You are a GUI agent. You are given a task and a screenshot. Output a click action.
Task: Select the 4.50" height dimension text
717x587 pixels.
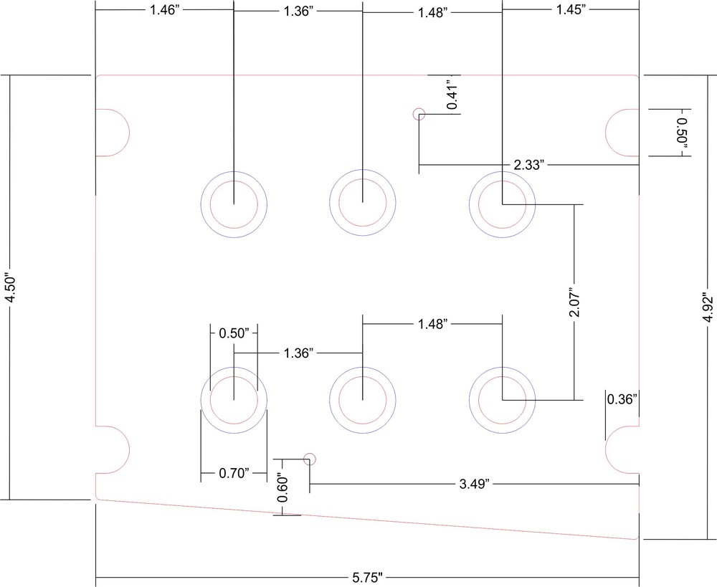point(9,287)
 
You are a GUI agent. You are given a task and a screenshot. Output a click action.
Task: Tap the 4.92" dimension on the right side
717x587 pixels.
point(708,308)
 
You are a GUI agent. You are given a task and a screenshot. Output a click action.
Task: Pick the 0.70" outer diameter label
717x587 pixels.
point(234,472)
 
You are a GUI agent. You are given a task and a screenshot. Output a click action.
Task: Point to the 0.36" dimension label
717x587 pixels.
point(622,400)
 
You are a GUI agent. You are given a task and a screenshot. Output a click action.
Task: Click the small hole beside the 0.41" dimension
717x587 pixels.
point(419,113)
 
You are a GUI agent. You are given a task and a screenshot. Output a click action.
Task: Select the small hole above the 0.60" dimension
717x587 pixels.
point(310,459)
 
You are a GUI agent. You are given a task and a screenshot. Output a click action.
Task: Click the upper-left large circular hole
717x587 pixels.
point(234,204)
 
